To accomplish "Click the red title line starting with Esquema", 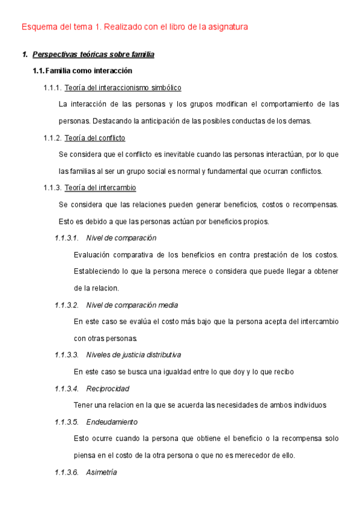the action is point(135,26).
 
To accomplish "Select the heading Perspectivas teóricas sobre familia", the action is point(93,55).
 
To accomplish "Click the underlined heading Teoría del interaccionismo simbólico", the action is point(123,88).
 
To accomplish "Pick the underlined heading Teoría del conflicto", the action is point(94,138).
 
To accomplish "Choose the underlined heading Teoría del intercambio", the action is point(100,188).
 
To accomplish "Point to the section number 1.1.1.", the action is point(52,88).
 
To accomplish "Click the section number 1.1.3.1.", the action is point(67,238).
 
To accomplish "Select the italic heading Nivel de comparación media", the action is point(132,305).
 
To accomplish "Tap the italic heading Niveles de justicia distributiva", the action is point(133,355).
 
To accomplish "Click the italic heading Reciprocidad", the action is point(108,389).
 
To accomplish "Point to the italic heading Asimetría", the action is point(102,472).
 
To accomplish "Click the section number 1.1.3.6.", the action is point(67,472).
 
